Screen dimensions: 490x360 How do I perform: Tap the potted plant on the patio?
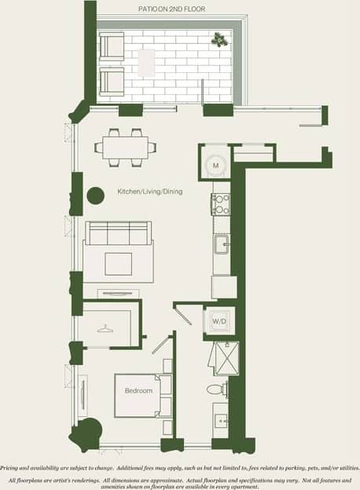coord(218,38)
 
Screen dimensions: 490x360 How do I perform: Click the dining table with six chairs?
coord(125,146)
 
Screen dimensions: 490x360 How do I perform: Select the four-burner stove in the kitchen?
coord(220,204)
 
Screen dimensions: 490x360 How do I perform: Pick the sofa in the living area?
coord(118,235)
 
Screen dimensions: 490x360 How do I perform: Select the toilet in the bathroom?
coord(218,389)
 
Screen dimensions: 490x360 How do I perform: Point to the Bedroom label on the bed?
coord(138,390)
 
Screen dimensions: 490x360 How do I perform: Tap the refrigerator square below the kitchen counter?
coord(223,287)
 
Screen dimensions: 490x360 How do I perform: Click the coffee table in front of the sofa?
coord(119,263)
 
